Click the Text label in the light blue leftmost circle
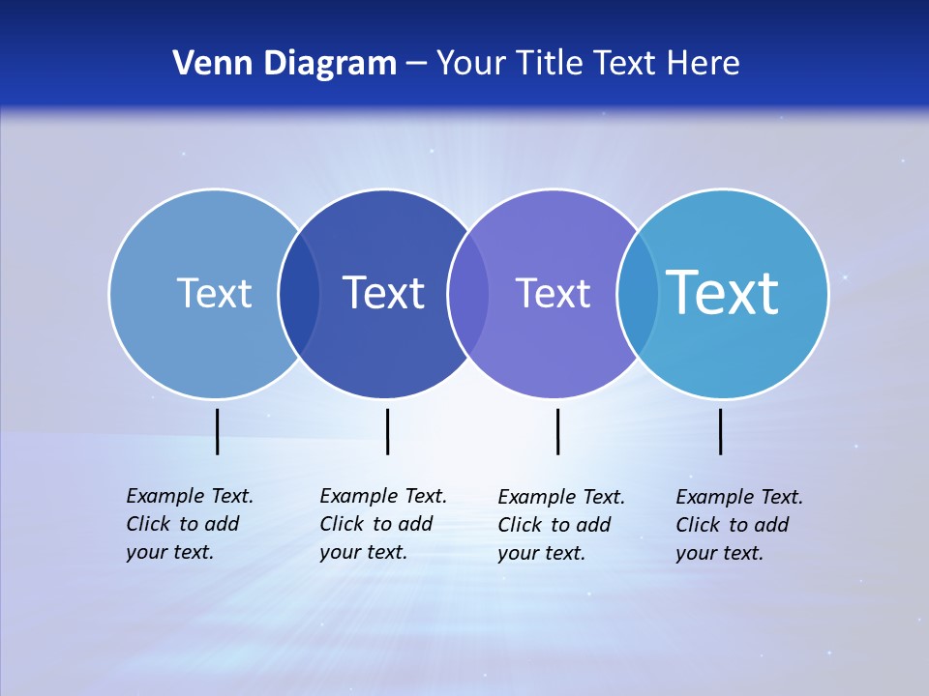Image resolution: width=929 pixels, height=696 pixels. tap(214, 293)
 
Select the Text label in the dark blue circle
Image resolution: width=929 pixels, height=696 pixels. tap(384, 293)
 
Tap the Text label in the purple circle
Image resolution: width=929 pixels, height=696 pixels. tap(553, 293)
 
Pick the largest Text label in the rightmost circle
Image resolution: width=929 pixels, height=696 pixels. tap(723, 293)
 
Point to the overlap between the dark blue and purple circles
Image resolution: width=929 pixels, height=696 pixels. tap(468, 293)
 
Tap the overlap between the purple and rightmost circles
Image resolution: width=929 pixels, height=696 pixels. tap(638, 293)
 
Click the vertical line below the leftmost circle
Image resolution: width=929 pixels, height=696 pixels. tap(218, 431)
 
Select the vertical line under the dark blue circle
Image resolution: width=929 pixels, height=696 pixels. tap(387, 431)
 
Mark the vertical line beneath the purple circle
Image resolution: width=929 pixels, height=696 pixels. tap(557, 431)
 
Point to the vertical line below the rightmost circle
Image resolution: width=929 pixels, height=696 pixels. tap(721, 431)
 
